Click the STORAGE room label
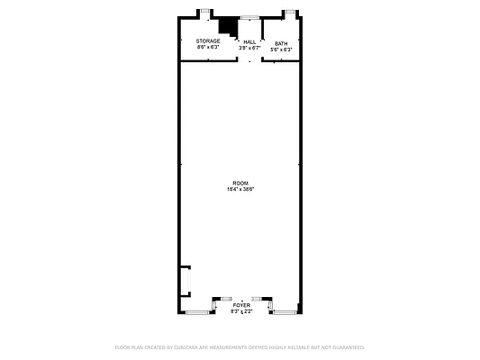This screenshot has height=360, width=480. point(208,40)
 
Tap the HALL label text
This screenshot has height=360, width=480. point(249,41)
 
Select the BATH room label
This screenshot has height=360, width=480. point(281,43)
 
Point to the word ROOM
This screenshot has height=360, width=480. point(240,183)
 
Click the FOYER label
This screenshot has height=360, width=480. point(241,306)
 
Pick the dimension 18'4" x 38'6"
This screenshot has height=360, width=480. point(240,189)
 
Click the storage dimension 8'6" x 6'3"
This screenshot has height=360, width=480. point(208,47)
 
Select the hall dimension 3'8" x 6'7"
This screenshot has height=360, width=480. point(249,48)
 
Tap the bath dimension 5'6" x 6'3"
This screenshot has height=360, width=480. point(281,49)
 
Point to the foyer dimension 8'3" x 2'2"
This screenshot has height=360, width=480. point(241,311)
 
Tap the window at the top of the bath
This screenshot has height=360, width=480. point(290,13)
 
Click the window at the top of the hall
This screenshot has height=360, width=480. point(249,17)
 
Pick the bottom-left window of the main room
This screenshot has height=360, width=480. point(196,312)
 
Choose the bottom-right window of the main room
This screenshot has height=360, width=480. point(285,312)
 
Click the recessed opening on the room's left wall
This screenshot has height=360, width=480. point(186,281)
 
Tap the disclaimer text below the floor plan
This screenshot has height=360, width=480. point(240,346)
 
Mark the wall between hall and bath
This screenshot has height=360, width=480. point(261,45)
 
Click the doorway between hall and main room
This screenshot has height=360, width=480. point(249,61)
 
